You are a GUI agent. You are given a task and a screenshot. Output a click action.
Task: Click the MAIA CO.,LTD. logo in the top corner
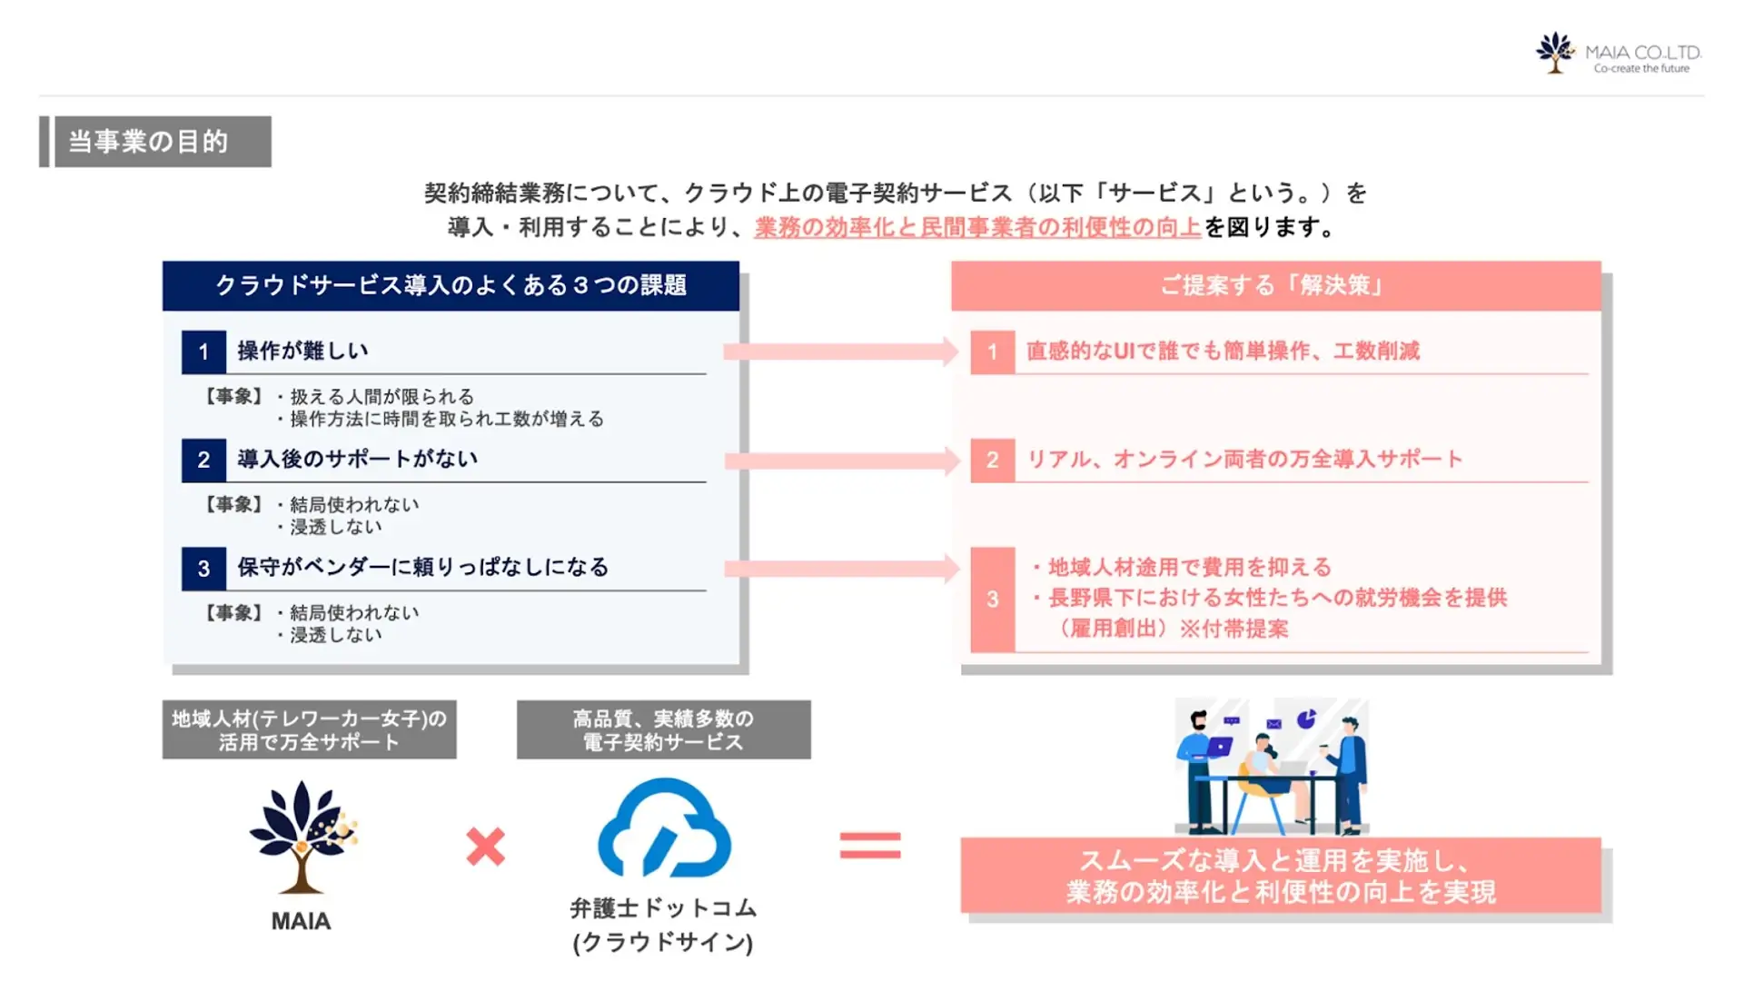click(x=1617, y=54)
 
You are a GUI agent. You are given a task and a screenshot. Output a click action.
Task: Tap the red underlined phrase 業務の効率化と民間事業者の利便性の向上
click(x=977, y=227)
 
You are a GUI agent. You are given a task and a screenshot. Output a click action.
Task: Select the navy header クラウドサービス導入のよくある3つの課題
click(x=451, y=286)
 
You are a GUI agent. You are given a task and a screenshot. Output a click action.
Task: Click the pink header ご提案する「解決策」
click(x=1274, y=286)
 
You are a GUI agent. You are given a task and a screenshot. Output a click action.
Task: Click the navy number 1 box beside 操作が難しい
click(x=203, y=352)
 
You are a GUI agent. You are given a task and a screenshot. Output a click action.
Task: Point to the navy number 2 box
click(x=203, y=461)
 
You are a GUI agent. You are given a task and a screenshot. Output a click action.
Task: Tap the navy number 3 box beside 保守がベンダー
click(x=203, y=569)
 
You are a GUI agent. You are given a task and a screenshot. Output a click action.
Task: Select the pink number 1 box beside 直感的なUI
click(x=992, y=352)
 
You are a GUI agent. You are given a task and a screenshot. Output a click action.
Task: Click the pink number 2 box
click(x=992, y=461)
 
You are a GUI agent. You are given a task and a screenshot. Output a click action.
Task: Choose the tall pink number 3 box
click(x=992, y=599)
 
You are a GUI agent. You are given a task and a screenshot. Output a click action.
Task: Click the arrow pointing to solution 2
click(x=841, y=461)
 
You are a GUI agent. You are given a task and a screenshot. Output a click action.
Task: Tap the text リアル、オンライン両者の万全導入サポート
click(x=1244, y=460)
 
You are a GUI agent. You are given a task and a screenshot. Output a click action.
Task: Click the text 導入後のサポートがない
click(x=357, y=460)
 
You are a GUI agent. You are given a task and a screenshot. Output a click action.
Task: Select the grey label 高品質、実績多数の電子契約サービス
click(x=663, y=729)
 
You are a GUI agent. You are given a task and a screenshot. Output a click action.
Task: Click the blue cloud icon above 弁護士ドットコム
click(x=664, y=828)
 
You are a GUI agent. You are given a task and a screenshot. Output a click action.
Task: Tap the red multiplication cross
click(x=485, y=847)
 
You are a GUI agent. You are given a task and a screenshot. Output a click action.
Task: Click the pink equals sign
click(x=870, y=846)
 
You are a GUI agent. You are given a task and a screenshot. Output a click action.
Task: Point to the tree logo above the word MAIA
click(x=302, y=837)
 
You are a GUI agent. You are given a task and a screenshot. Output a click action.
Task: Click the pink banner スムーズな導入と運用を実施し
click(x=1281, y=876)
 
